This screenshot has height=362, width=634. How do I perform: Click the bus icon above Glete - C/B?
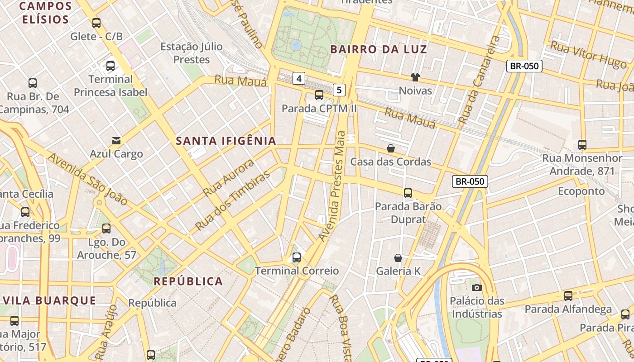(x=96, y=23)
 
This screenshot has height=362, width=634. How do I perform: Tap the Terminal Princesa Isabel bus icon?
(x=110, y=66)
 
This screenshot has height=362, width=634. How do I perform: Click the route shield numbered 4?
(x=298, y=78)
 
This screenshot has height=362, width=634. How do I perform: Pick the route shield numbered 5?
(x=339, y=90)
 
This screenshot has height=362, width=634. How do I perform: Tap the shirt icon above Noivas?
(x=415, y=77)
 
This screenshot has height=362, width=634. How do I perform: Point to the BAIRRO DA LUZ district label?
(x=379, y=49)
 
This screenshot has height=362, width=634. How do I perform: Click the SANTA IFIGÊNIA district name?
(x=226, y=141)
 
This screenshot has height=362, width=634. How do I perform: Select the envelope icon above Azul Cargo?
(x=116, y=140)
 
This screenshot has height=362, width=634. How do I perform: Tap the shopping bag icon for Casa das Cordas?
(x=390, y=148)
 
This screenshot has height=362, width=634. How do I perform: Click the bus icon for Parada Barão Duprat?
(x=408, y=193)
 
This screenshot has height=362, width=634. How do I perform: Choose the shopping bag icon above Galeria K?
(x=398, y=258)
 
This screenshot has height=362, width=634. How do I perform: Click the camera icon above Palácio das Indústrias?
(x=476, y=287)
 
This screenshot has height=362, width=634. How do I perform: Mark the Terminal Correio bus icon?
(x=297, y=257)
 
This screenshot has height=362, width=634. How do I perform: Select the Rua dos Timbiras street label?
(x=232, y=200)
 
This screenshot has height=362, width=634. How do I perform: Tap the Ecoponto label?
(x=581, y=191)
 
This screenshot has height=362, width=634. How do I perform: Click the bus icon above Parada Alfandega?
(x=568, y=296)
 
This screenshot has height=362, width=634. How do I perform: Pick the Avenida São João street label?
(x=87, y=179)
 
